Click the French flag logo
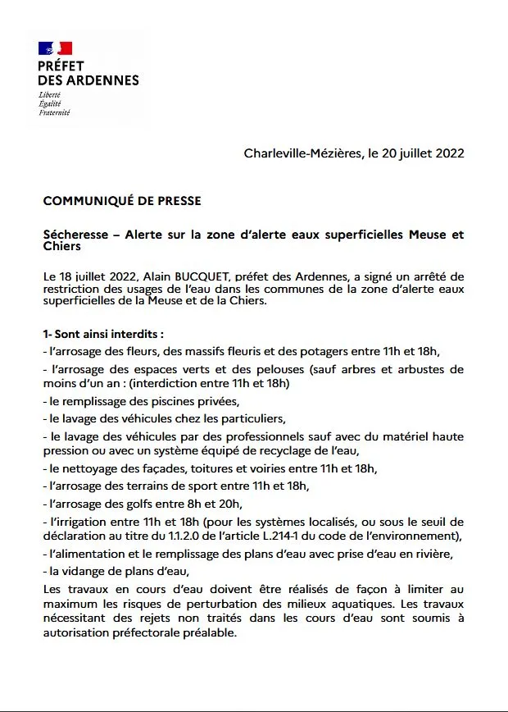[x=55, y=48]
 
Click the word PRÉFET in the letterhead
[x=61, y=66]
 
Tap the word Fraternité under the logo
[x=54, y=112]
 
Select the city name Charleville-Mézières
[x=302, y=153]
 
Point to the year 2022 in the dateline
[x=448, y=153]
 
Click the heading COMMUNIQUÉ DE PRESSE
[x=122, y=200]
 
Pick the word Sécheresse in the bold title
[x=74, y=235]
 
